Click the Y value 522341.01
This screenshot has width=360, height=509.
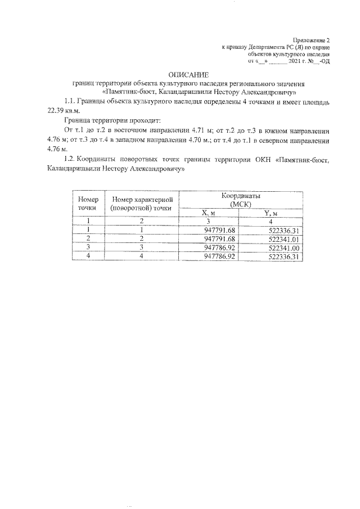click(x=284, y=238)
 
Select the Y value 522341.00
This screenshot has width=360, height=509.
click(x=284, y=247)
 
